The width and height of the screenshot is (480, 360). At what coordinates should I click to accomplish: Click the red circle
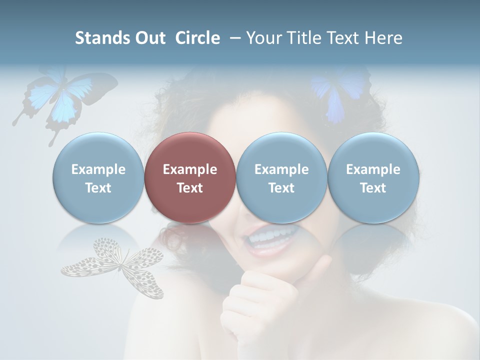click(190, 177)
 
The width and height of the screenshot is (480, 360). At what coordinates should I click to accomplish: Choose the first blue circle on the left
click(98, 177)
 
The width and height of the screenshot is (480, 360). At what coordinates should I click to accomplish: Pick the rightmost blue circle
click(373, 177)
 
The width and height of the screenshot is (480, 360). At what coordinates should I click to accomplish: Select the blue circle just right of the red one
click(281, 177)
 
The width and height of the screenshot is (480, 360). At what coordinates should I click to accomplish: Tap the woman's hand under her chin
click(260, 295)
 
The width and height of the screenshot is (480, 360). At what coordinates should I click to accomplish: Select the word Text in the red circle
click(190, 188)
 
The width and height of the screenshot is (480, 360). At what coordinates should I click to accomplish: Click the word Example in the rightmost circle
click(373, 169)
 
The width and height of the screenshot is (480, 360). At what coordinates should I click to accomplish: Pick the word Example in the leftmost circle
click(98, 169)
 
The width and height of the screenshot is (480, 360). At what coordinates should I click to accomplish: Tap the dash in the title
click(233, 38)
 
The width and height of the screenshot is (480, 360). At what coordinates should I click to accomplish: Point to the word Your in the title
click(262, 38)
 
